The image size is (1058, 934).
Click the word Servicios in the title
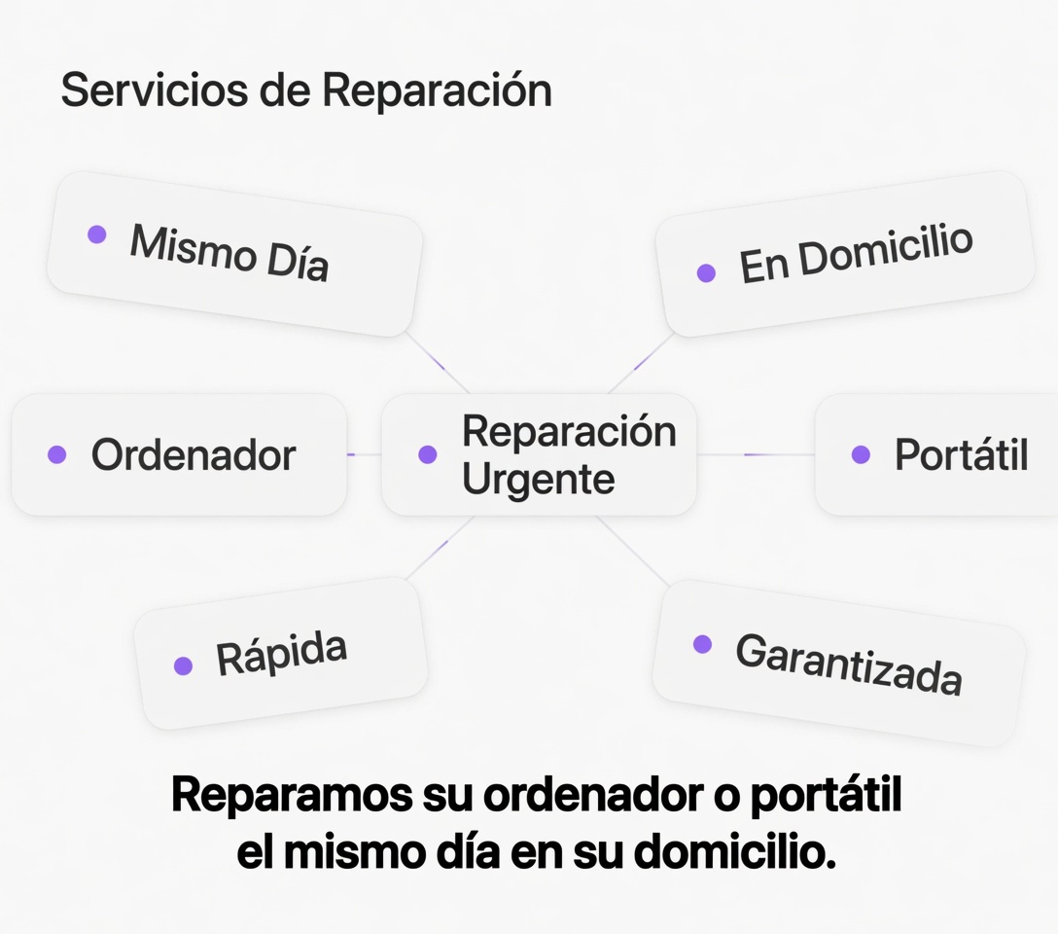click(155, 90)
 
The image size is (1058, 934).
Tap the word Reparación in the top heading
click(438, 89)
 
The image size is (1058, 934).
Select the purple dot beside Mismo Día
click(97, 234)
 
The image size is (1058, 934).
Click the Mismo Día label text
click(229, 252)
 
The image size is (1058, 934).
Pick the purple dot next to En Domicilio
click(706, 272)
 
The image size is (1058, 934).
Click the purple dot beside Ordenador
click(57, 454)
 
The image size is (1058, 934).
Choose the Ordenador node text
click(194, 455)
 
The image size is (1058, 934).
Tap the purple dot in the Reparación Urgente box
click(428, 454)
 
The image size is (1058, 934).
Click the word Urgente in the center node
click(539, 480)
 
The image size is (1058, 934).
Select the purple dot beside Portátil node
click(861, 454)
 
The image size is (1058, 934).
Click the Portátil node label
click(962, 454)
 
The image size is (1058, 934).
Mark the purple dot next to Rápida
click(184, 666)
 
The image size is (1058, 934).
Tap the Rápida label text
click(281, 654)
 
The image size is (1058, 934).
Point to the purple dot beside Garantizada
click(702, 644)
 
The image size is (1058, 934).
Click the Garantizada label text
click(849, 665)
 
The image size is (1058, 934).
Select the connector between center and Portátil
click(756, 455)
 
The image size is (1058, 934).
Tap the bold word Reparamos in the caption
click(292, 796)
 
